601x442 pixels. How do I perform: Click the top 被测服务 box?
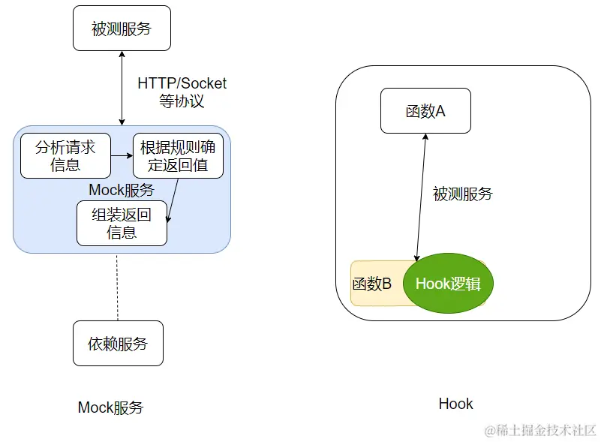click(122, 29)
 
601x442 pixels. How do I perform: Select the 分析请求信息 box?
click(65, 156)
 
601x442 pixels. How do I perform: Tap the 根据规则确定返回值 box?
click(178, 156)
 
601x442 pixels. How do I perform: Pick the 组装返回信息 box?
click(122, 223)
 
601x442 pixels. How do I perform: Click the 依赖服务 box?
click(118, 344)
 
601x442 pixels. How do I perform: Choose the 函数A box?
click(425, 111)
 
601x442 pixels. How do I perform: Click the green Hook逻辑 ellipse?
click(448, 284)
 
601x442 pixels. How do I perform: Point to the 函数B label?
click(372, 284)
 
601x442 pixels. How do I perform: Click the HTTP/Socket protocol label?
click(182, 83)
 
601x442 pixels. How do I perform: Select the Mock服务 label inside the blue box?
click(122, 190)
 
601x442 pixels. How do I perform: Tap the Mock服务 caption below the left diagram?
click(110, 407)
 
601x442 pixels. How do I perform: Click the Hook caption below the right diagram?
click(455, 404)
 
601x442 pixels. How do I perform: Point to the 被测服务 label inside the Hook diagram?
click(463, 194)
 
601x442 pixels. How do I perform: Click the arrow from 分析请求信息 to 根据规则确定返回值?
click(121, 155)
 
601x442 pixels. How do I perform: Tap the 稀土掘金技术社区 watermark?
click(540, 430)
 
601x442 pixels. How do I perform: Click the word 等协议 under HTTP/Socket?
click(182, 101)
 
